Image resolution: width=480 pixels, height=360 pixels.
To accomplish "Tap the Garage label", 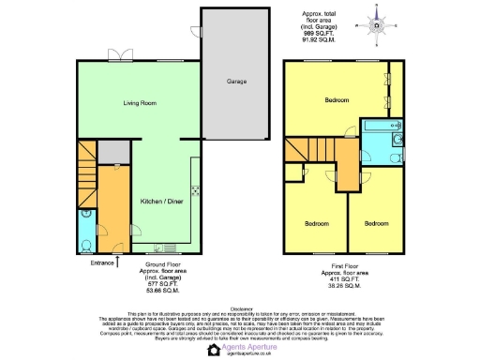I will [236, 82].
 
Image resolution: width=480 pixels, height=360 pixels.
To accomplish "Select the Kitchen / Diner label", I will [161, 202].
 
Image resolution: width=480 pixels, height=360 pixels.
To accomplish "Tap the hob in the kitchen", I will [194, 191].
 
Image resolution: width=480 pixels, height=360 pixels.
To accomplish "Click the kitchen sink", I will [170, 248].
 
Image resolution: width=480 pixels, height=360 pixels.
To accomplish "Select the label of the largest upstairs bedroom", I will [337, 99].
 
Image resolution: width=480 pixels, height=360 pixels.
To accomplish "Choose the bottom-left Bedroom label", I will [316, 223].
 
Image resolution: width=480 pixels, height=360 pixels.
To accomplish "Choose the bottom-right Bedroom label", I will [377, 223].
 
